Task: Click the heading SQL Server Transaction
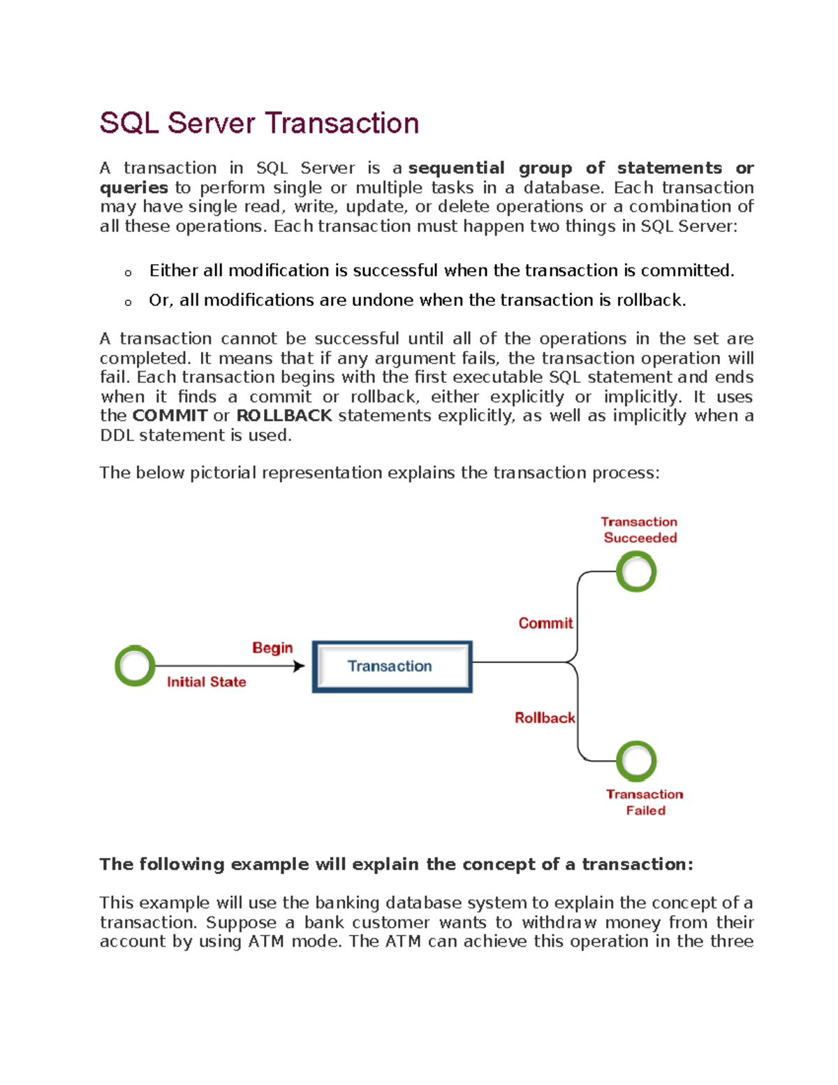coord(259,124)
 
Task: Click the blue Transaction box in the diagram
coord(392,667)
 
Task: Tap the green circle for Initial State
coord(135,666)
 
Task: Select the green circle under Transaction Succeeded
coord(636,571)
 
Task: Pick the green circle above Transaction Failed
coord(636,761)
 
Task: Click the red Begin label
coord(272,648)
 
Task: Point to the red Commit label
coord(545,623)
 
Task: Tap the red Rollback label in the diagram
coord(545,718)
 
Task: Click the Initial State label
coord(206,682)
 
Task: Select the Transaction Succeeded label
coord(640,530)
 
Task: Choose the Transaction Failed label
coord(645,802)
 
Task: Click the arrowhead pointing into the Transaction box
coord(300,667)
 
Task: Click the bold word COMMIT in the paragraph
coord(170,416)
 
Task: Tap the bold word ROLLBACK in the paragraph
coord(284,416)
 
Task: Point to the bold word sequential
coord(456,168)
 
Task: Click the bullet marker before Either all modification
coord(128,272)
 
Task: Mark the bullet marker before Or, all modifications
coord(128,303)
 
